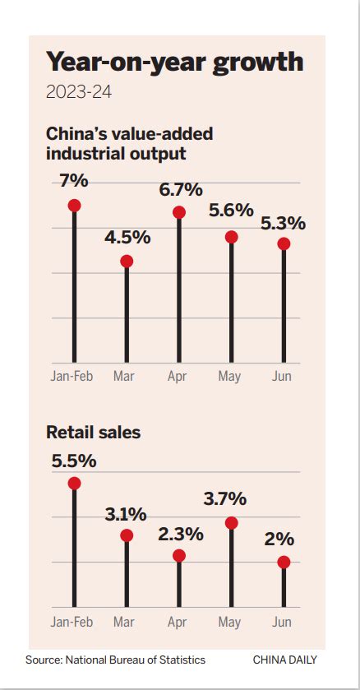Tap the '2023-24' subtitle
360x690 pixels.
coord(79,91)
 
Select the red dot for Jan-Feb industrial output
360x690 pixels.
coord(74,206)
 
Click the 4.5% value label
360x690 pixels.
coord(127,238)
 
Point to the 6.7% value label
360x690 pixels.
coord(179,189)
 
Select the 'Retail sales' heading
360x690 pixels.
coord(93,432)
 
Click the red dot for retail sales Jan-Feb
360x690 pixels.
coord(74,484)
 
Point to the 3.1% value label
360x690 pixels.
coord(126,515)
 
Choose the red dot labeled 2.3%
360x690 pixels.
coord(179,556)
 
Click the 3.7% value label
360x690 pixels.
coord(224,499)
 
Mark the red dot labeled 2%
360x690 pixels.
coord(284,563)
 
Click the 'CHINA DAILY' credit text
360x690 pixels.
coord(284,660)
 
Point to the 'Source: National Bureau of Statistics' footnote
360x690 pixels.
coord(115,660)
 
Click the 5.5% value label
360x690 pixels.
coord(74,461)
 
